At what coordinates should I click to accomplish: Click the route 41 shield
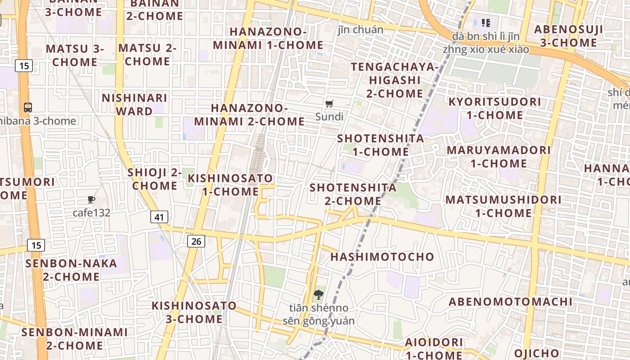click(159, 217)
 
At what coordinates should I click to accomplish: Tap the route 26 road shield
click(196, 241)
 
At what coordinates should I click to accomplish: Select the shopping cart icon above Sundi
click(329, 104)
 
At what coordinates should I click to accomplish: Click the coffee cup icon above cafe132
click(91, 199)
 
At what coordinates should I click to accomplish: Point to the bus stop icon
click(28, 108)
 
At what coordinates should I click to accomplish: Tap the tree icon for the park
click(319, 295)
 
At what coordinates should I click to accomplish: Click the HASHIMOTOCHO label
click(382, 257)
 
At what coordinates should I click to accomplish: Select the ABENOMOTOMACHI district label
click(511, 302)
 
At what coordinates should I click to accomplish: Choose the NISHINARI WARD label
click(135, 104)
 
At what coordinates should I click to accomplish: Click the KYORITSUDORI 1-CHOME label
click(495, 108)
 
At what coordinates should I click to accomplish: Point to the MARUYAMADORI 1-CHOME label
click(499, 157)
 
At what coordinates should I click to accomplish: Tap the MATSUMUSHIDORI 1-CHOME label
click(497, 206)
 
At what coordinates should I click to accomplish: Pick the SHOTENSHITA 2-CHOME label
click(353, 194)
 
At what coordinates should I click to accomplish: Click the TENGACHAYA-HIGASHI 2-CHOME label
click(395, 80)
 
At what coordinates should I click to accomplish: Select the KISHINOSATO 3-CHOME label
click(194, 312)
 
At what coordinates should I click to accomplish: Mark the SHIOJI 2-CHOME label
click(155, 179)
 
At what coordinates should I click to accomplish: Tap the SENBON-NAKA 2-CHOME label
click(72, 270)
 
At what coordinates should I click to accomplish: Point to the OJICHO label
click(536, 353)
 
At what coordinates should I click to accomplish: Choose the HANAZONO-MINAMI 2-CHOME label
click(249, 115)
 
